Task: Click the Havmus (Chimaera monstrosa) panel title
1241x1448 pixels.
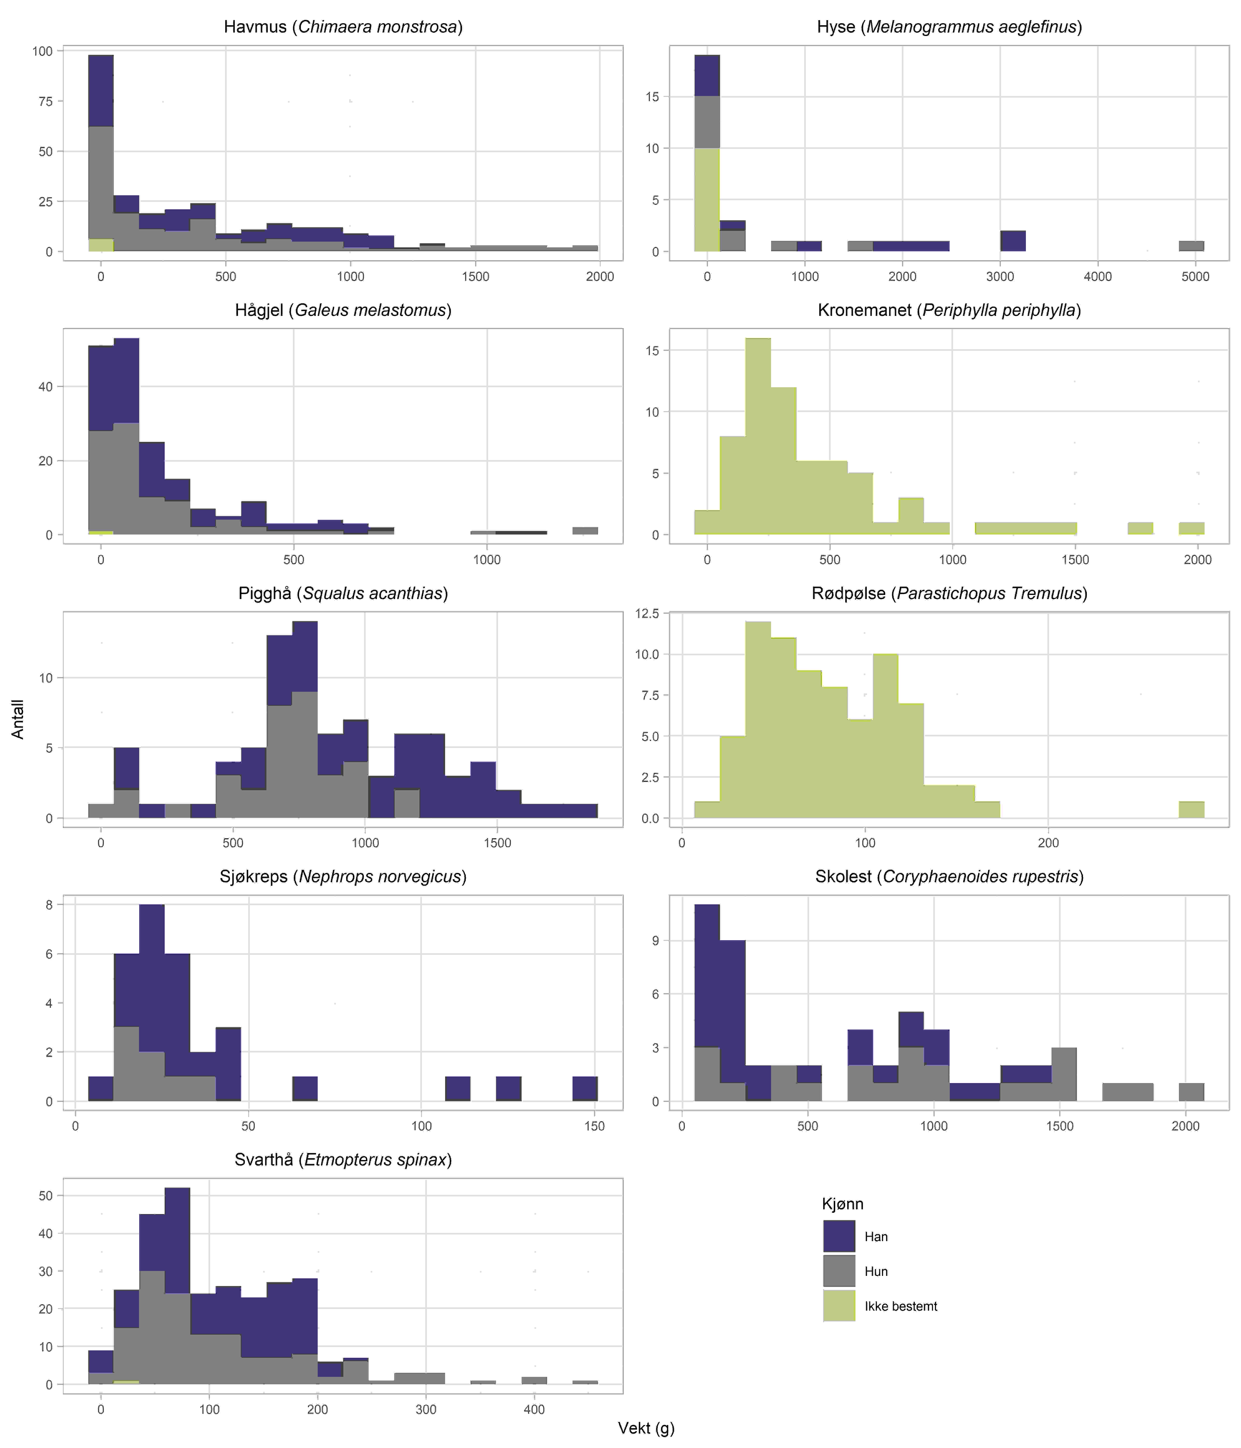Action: pos(343,27)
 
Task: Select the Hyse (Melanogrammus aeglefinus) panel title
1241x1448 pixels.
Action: pos(949,27)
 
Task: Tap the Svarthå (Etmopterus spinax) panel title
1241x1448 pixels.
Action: pos(343,1160)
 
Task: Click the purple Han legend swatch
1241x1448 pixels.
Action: pos(839,1236)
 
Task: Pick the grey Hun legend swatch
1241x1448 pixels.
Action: pos(839,1271)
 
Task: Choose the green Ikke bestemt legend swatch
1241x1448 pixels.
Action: pos(839,1306)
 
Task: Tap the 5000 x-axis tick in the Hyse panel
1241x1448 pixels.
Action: pos(1195,277)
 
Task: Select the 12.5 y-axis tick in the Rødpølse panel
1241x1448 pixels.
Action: pos(647,614)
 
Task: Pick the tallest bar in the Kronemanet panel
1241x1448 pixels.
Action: pos(757,437)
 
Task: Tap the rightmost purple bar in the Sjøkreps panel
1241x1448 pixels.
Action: pos(585,1089)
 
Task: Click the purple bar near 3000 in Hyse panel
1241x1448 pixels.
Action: pos(1012,241)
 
